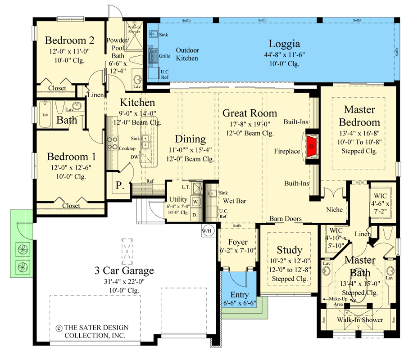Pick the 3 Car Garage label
(x=124, y=270)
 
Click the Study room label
(x=289, y=250)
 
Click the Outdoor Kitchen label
(x=187, y=54)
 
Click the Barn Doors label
(x=286, y=219)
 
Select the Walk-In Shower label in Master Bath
(x=360, y=320)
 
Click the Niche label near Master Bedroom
(x=335, y=210)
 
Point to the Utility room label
(x=178, y=199)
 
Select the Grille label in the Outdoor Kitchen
(x=164, y=57)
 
